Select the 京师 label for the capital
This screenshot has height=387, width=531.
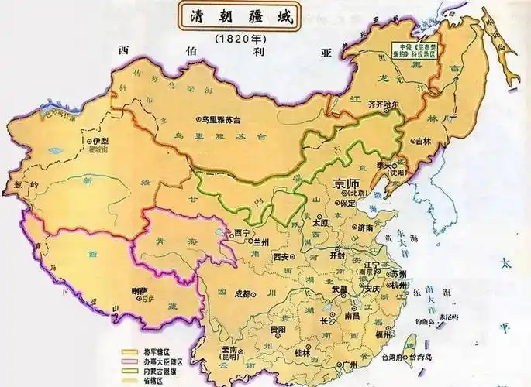347,183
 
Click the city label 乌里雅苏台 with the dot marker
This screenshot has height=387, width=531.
222,120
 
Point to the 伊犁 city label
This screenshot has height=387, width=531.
101,143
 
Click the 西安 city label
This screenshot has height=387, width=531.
282,256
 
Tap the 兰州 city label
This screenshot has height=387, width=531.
261,241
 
